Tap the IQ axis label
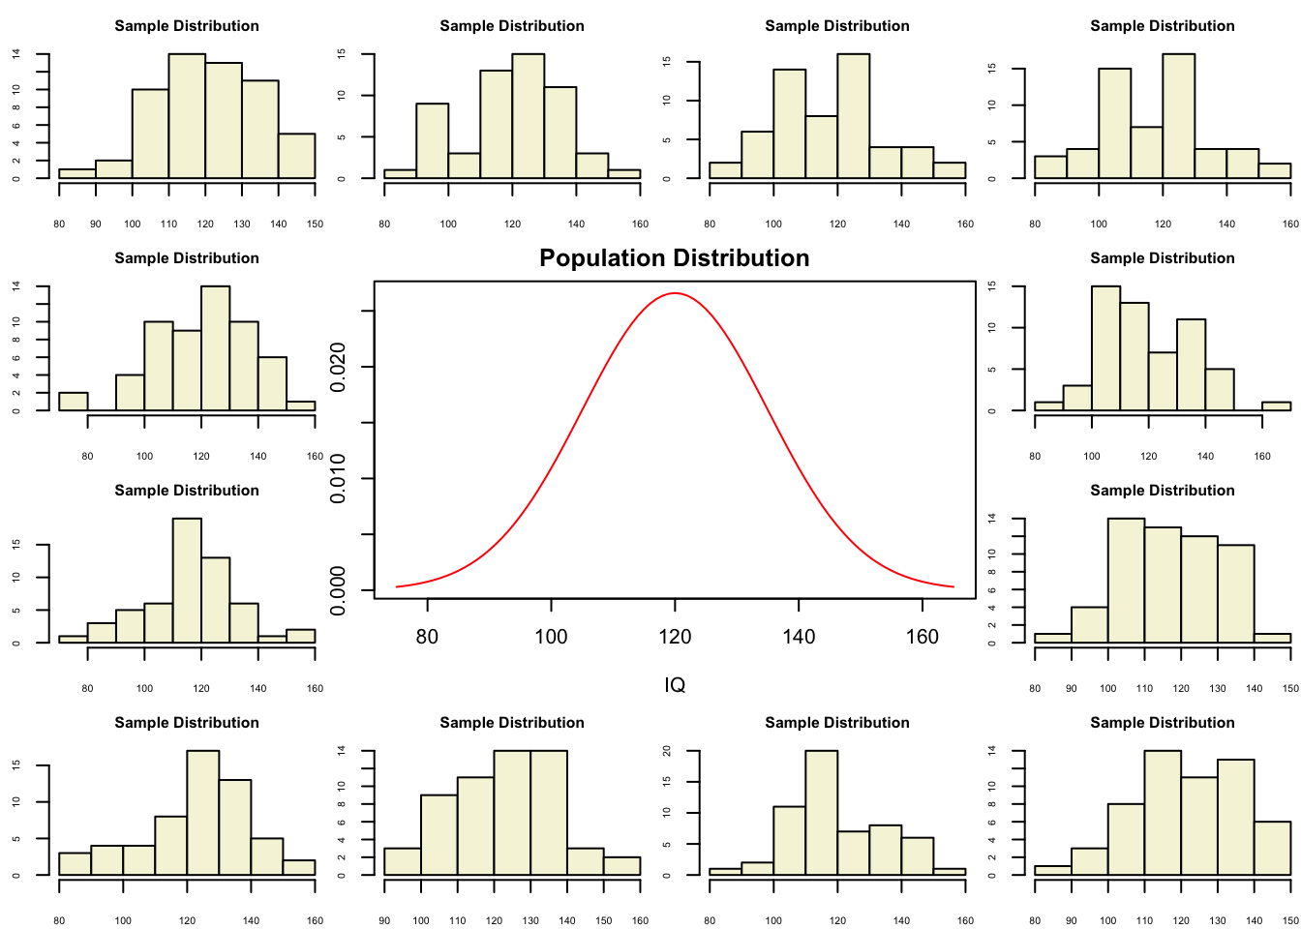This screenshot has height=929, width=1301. tap(675, 685)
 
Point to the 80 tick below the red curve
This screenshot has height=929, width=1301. tap(427, 637)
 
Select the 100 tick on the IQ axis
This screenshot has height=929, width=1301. tap(551, 637)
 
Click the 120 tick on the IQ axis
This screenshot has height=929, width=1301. tap(675, 637)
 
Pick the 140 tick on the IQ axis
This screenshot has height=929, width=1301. tap(799, 637)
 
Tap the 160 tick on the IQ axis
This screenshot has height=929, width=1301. tap(923, 637)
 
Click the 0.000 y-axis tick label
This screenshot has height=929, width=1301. tap(338, 589)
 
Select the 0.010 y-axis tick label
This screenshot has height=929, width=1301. tap(338, 479)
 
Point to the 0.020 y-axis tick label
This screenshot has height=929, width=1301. tap(338, 368)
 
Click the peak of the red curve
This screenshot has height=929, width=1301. tap(675, 292)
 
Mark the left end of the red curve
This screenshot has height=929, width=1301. tap(397, 586)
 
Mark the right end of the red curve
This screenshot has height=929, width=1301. tap(953, 586)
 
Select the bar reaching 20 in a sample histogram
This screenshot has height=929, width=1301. tap(821, 813)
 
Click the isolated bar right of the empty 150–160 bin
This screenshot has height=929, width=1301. tap(1276, 406)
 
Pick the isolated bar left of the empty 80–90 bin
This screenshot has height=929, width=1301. tap(73, 401)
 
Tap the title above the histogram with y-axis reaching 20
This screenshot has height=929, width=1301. tap(837, 723)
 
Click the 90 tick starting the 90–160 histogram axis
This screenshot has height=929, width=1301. tap(384, 920)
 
